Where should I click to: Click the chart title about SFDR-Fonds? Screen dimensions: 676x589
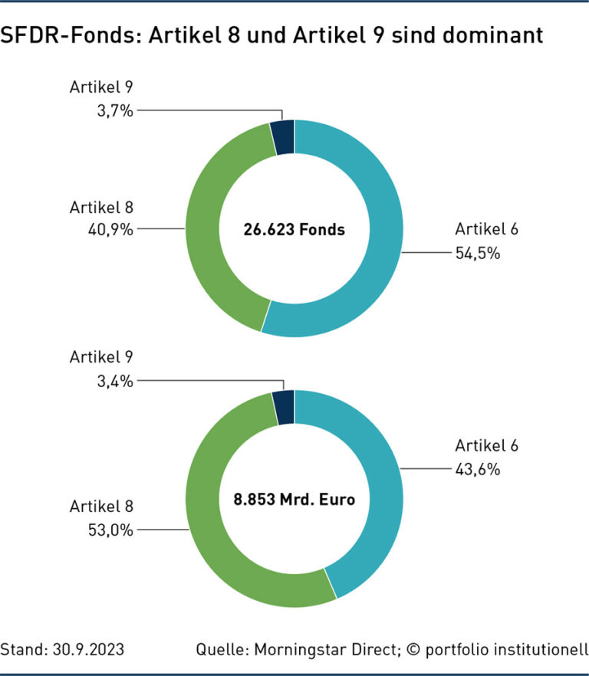tap(271, 35)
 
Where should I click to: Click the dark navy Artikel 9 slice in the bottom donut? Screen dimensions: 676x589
tap(285, 407)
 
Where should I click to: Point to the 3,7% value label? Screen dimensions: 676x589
tap(115, 110)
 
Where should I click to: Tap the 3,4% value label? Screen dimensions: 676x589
tap(115, 379)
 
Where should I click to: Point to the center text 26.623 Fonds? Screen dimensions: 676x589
tap(294, 228)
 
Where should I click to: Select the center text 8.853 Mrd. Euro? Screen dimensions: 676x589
tap(294, 500)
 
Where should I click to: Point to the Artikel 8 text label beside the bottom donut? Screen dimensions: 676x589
tap(102, 506)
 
